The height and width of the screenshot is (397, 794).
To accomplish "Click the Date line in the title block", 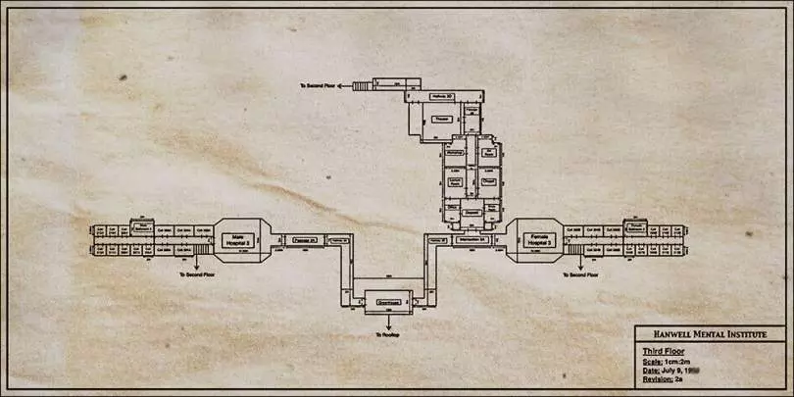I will [667, 370].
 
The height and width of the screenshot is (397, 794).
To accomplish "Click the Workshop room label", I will [454, 154].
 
